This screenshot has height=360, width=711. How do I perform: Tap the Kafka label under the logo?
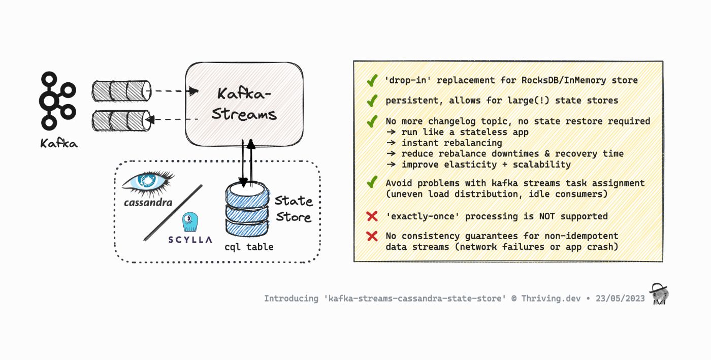59,144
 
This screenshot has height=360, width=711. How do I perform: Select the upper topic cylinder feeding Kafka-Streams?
121,91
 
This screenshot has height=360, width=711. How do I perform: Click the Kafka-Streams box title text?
244,104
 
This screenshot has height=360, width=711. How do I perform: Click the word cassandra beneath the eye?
148,203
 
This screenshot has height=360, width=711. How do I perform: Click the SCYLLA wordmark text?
190,240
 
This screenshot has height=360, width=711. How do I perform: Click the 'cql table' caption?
249,247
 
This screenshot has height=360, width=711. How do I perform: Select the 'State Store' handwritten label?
294,209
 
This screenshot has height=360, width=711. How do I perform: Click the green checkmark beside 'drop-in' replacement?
372,80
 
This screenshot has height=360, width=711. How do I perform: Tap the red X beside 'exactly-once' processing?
372,216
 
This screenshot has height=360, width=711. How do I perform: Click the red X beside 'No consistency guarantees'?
372,236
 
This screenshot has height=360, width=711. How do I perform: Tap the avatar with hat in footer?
660,294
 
